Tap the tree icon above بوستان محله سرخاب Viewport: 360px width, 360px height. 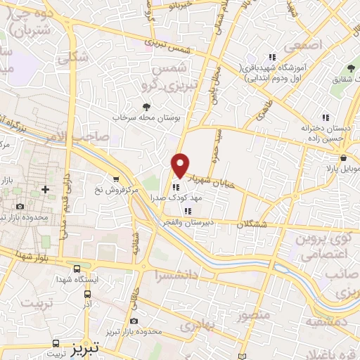[x=146, y=106]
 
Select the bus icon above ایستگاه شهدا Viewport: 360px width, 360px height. [x=76, y=268]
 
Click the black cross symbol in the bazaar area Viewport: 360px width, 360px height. [x=46, y=189]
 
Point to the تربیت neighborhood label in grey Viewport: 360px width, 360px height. [x=37, y=303]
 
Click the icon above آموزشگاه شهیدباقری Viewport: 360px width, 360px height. [x=271, y=57]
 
